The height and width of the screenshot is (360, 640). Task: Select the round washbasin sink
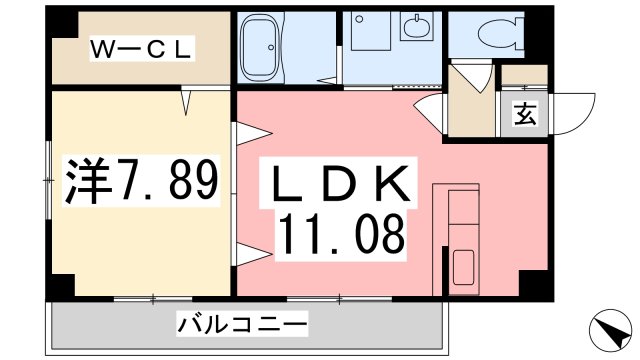click(x=414, y=27)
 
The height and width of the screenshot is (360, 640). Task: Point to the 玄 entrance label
click(x=524, y=114)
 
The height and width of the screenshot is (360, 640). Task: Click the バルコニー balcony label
click(x=242, y=323)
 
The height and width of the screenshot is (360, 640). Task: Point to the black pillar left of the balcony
click(x=60, y=285)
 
